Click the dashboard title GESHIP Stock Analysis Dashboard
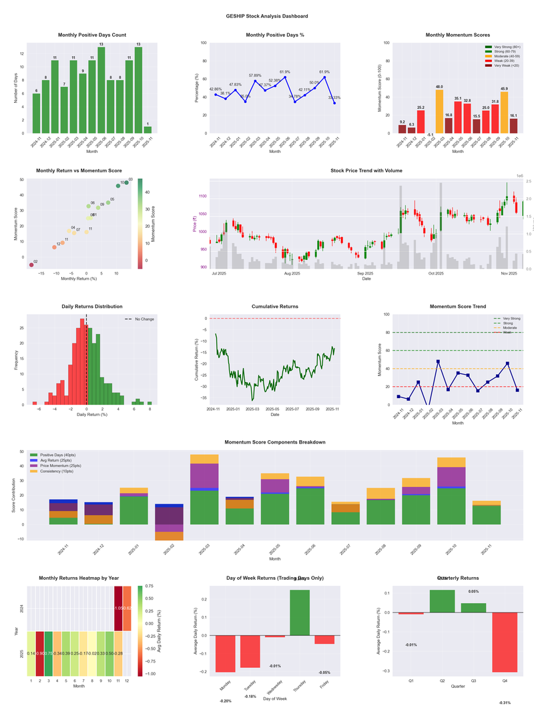(267, 16)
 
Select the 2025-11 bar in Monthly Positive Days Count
(148, 130)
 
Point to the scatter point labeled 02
(31, 265)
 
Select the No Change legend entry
(140, 319)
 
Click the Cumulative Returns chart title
(275, 307)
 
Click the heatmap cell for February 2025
(40, 653)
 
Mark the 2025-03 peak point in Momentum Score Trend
(438, 361)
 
